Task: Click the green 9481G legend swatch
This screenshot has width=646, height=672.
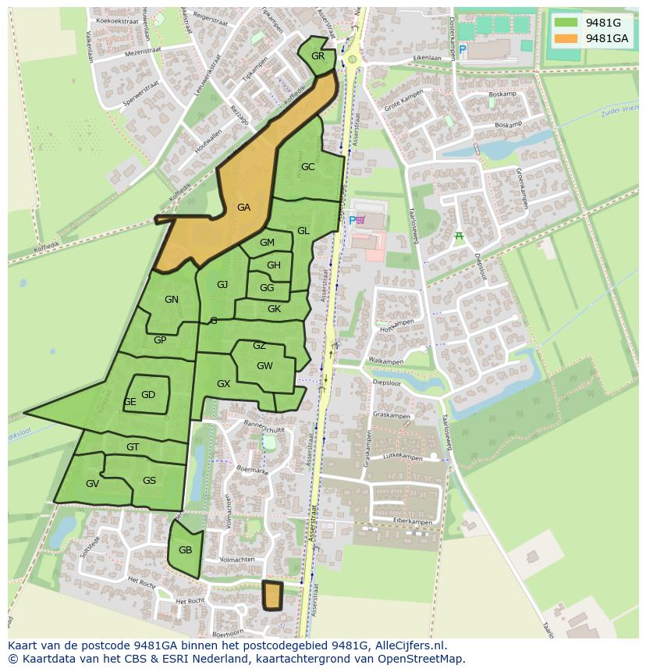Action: [567, 23]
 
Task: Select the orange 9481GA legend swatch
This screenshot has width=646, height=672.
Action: [567, 38]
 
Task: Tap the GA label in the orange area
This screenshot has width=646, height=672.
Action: [243, 208]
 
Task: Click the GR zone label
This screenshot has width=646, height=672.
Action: [318, 56]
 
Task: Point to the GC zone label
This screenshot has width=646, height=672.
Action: [307, 167]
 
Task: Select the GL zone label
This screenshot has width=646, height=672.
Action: [303, 231]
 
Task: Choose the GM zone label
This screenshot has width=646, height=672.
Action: [267, 243]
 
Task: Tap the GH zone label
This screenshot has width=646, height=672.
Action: [273, 265]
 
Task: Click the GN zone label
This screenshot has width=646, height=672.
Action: [172, 300]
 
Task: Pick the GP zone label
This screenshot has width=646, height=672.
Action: [160, 340]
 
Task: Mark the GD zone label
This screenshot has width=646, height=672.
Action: [148, 395]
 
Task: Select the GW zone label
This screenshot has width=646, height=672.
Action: [264, 366]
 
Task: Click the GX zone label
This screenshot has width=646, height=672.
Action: [223, 384]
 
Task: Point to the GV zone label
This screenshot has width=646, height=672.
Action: [92, 484]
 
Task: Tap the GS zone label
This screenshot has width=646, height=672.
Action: [149, 481]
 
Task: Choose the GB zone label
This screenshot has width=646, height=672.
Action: [185, 550]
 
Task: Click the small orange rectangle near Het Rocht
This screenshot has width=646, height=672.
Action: [272, 596]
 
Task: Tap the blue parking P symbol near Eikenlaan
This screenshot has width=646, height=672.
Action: [462, 50]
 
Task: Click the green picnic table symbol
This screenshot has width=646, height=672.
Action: [459, 236]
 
